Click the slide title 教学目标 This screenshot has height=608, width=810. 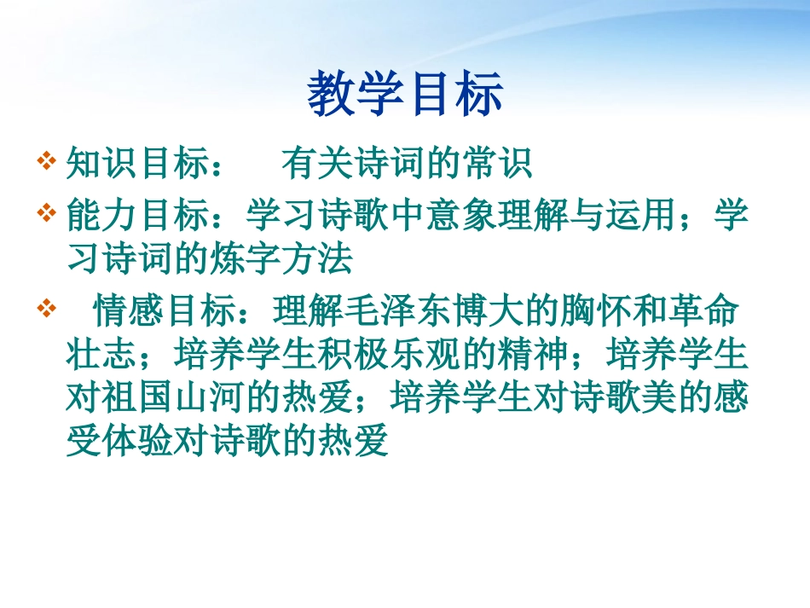(405, 95)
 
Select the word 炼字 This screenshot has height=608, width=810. (246, 258)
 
